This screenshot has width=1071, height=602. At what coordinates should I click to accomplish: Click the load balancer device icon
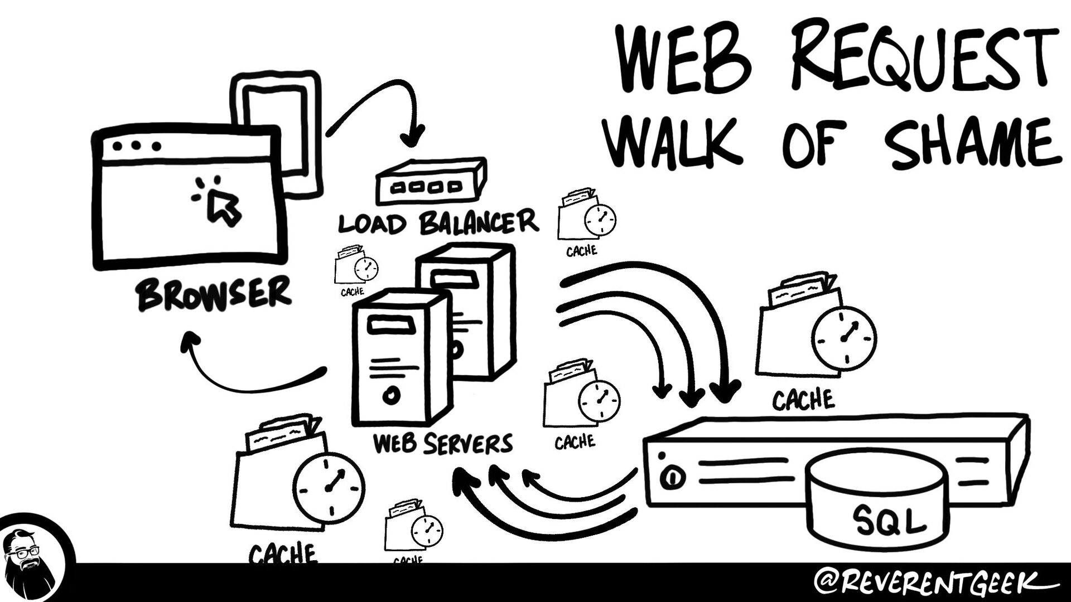pos(430,181)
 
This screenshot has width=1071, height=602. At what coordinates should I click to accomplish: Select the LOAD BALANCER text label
pos(438,223)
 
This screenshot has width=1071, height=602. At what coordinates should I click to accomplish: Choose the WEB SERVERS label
pos(442,444)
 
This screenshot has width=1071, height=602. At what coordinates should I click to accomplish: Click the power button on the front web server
pos(392,395)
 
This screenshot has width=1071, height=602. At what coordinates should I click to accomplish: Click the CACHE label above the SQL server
pos(803,400)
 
